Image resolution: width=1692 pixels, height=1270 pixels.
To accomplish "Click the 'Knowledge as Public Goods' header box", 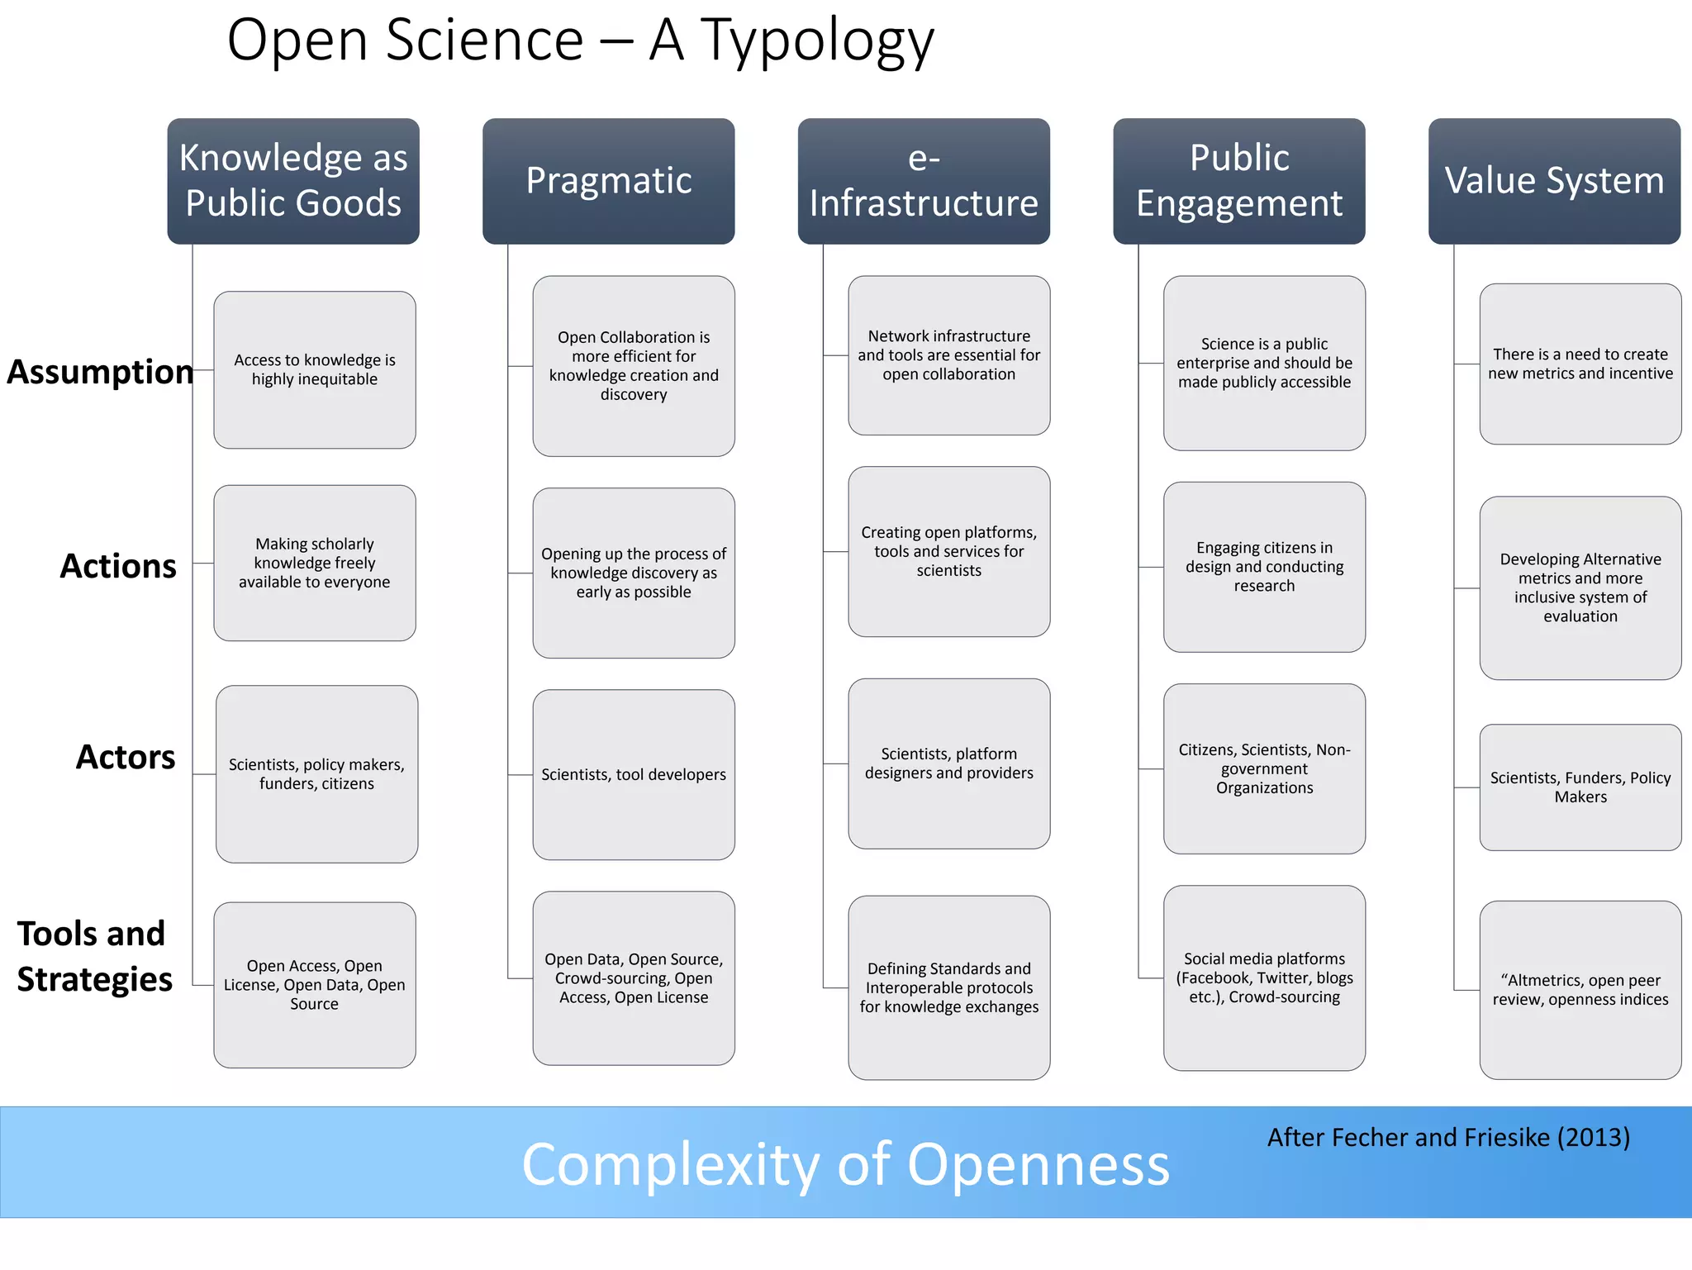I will [x=293, y=180].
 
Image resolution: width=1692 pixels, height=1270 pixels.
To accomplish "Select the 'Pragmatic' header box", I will [x=609, y=180].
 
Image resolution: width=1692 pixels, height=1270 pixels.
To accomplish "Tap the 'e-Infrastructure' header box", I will [x=924, y=180].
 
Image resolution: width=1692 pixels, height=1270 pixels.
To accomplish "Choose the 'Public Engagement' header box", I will [x=1239, y=180].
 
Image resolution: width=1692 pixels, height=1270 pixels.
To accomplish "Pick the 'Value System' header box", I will [x=1554, y=180].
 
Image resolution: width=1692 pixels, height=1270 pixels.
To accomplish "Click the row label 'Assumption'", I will [x=100, y=372].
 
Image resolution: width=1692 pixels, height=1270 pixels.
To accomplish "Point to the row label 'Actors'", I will [x=126, y=757].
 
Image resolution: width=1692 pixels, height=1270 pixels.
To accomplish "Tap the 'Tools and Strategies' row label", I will [x=94, y=956].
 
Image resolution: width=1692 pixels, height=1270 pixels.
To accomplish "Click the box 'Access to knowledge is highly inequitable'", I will [x=315, y=369].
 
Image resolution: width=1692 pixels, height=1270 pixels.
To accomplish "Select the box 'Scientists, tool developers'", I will [x=634, y=774].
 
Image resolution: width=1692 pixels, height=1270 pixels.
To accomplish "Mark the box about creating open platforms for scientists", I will [x=949, y=551].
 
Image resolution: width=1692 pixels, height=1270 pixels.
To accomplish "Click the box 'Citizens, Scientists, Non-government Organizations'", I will [x=1264, y=768].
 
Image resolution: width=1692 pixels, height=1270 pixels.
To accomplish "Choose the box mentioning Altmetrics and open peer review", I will [x=1580, y=990].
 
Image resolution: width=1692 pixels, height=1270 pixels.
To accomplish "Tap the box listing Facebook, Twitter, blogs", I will [x=1264, y=977].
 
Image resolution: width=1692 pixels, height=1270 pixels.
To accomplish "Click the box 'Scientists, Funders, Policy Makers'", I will [x=1580, y=787].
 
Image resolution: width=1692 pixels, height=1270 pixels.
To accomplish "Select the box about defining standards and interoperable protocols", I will [x=949, y=987].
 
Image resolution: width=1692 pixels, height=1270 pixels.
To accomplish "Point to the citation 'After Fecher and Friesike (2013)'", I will [x=1448, y=1138].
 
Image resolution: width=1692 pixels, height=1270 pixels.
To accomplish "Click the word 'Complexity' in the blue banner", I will [x=670, y=1164].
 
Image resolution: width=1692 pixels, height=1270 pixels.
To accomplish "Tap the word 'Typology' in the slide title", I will [x=817, y=41].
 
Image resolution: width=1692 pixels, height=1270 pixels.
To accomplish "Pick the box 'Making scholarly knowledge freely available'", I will [x=315, y=563].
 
